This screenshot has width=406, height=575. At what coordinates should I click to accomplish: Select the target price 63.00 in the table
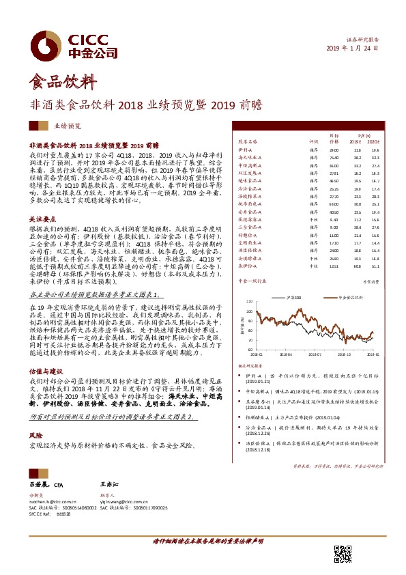(x=334, y=204)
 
